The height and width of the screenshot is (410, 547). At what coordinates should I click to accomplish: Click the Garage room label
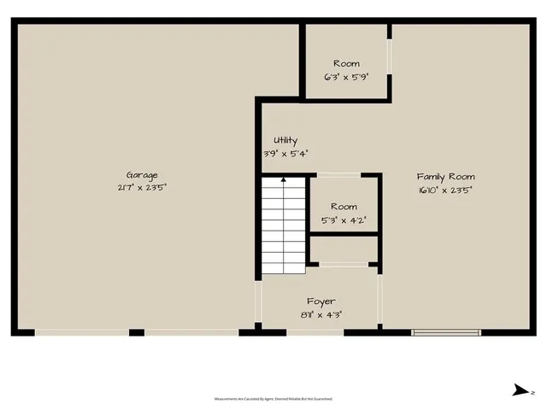pos(143,175)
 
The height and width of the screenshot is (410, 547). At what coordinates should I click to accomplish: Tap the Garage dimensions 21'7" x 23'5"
pos(143,187)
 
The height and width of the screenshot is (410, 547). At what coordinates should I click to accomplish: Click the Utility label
pos(285,141)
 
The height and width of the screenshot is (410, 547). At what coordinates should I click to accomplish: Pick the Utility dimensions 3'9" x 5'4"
pos(285,154)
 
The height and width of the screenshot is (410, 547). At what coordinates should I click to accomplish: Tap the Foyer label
pos(321,302)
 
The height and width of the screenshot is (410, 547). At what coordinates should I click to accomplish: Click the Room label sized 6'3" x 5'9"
pos(346,64)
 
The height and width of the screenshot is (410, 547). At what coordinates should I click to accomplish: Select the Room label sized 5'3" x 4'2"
pos(344,207)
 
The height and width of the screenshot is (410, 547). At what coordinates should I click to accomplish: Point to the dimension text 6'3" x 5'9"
pos(346,76)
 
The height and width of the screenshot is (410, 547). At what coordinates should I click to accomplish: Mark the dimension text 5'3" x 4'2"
pos(344,220)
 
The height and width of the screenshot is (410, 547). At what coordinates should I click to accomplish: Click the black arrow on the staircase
pos(283,180)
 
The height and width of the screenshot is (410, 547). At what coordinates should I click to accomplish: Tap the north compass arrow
pos(519,391)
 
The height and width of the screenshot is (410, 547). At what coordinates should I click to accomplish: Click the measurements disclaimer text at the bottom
pos(273,399)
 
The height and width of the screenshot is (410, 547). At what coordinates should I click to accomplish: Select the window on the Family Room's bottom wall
pos(446,332)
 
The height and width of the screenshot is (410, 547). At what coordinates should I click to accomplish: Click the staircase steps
pos(283,226)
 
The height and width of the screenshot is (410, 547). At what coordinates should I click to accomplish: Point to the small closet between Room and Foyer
pos(344,250)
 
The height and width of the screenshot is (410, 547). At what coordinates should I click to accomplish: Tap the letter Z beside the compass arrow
pos(532,392)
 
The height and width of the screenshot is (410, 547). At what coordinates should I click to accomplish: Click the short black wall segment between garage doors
pos(137,332)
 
